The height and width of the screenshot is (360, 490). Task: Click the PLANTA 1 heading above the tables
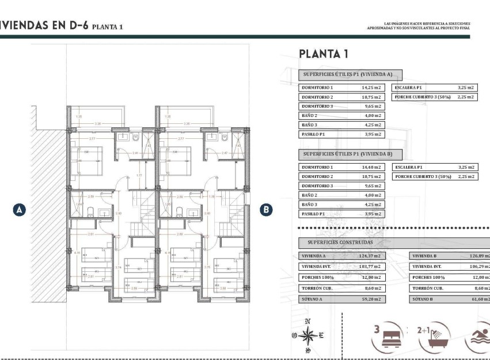tap(323, 54)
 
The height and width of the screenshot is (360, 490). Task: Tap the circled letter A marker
tap(20, 210)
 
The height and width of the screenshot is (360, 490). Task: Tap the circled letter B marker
tap(266, 210)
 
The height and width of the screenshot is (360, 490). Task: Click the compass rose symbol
tap(308, 335)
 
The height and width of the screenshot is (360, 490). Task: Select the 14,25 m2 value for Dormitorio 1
tap(371, 88)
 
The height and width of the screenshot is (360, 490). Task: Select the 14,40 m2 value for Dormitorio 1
tap(371, 167)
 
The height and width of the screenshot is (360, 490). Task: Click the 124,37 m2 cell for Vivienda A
tap(371, 256)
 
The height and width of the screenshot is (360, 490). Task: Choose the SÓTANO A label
tap(314, 300)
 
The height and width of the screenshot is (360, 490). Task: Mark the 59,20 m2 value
tap(371, 300)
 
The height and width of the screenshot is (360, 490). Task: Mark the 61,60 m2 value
tap(480, 300)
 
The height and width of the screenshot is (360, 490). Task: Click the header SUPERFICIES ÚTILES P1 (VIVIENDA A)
tap(350, 74)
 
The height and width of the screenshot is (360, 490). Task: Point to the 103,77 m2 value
tap(371, 267)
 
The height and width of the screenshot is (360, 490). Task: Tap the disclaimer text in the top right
tap(418, 25)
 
